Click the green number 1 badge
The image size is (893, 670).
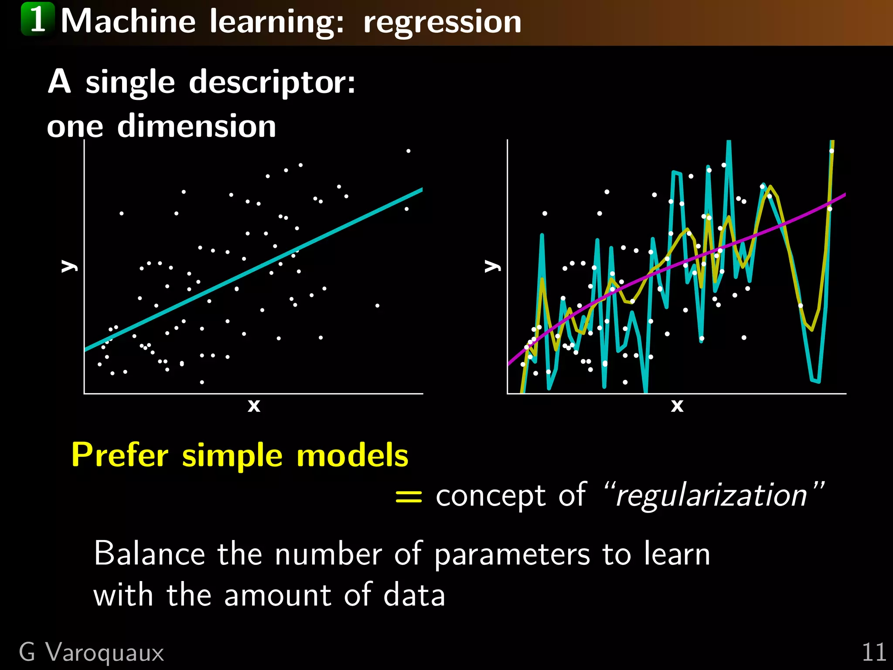38,19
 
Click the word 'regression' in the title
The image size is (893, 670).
442,22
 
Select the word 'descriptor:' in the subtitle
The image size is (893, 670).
272,82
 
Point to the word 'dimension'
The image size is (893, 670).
197,126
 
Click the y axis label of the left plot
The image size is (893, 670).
68,266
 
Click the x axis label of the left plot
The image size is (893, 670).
254,406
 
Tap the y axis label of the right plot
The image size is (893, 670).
492,266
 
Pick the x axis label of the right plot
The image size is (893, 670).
677,406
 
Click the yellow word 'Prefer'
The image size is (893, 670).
120,455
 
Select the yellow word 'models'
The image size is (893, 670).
352,455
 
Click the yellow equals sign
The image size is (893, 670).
409,497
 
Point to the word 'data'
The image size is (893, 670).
414,595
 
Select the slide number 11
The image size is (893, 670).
873,653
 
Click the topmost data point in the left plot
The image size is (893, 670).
409,151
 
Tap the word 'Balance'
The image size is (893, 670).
149,554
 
